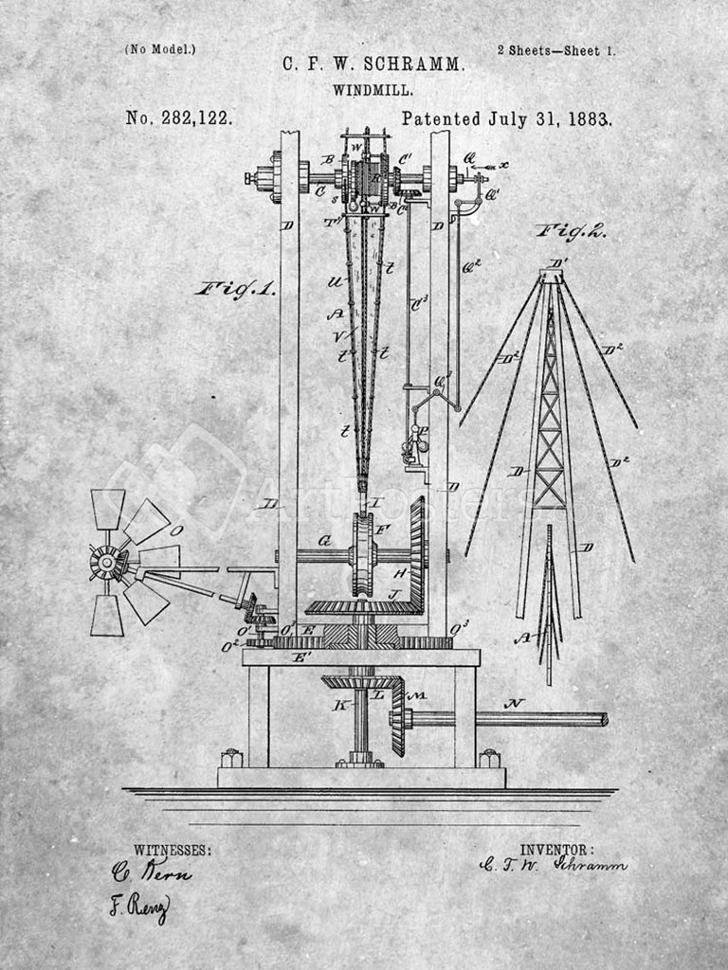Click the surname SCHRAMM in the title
tap(417, 64)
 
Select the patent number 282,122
tap(191, 119)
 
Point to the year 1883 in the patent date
tap(590, 119)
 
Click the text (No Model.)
tap(160, 49)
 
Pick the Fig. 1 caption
tap(235, 289)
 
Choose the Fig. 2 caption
tap(572, 230)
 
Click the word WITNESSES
tap(173, 851)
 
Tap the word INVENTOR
tap(557, 850)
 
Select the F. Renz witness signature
tap(138, 907)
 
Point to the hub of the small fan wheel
tap(107, 563)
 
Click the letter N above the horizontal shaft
tap(515, 704)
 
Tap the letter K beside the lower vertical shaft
tap(338, 705)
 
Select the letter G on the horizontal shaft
tap(324, 542)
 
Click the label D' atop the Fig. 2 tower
tap(558, 263)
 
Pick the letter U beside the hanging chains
tap(334, 281)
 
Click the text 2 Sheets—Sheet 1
tap(556, 50)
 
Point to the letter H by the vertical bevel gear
tap(399, 574)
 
